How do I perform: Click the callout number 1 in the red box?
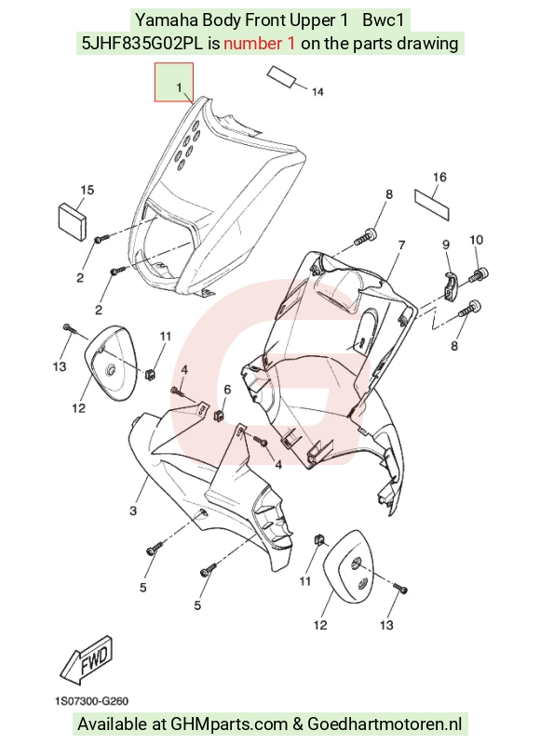(x=179, y=87)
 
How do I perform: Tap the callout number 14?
(x=317, y=92)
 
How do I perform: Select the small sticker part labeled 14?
(x=281, y=75)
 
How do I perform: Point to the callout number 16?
(x=439, y=177)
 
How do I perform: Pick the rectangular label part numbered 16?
(x=432, y=203)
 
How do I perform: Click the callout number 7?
(x=401, y=246)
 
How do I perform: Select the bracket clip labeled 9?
(x=452, y=286)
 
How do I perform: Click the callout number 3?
(x=133, y=511)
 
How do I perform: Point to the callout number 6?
(x=227, y=390)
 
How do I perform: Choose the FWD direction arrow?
(x=87, y=658)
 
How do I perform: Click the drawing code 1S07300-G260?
(x=91, y=701)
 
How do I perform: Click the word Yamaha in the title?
(x=168, y=20)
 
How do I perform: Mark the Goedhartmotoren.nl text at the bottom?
(x=385, y=724)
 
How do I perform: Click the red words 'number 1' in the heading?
(x=260, y=44)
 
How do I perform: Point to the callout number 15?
(x=87, y=191)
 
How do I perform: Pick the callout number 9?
(x=446, y=245)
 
